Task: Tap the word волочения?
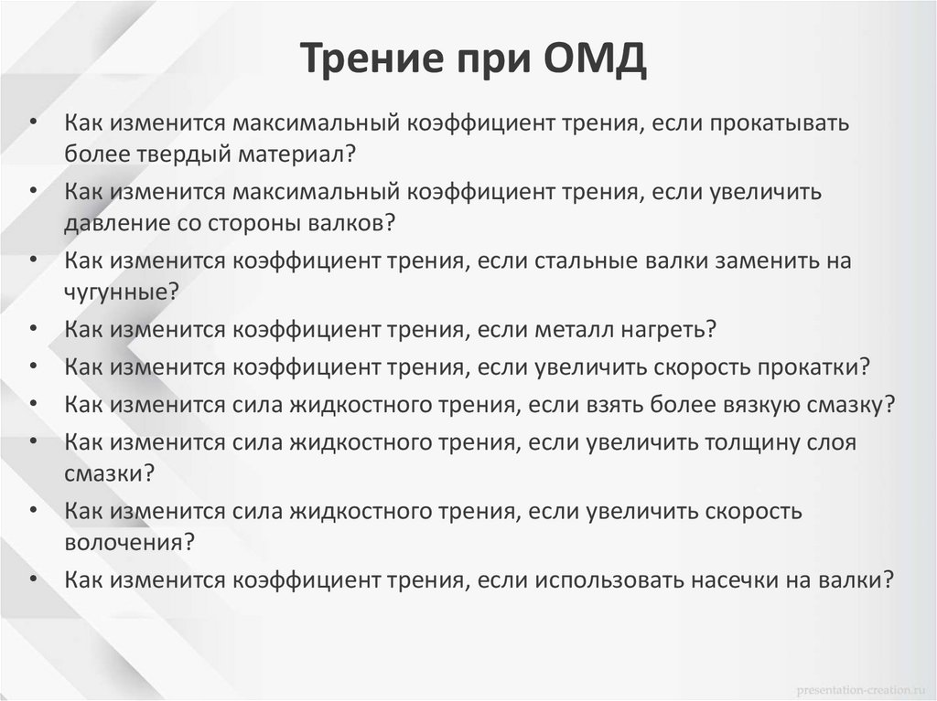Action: (129, 541)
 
